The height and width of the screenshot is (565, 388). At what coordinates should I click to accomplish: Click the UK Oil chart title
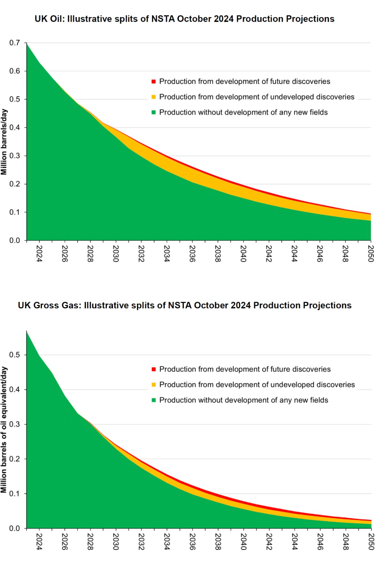pyautogui.click(x=184, y=19)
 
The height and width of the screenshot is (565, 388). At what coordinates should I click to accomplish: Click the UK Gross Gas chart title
pyautogui.click(x=184, y=305)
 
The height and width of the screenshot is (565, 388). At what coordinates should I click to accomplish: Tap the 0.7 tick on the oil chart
pyautogui.click(x=14, y=43)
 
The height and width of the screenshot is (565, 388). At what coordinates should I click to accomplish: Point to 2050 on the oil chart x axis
pyautogui.click(x=371, y=254)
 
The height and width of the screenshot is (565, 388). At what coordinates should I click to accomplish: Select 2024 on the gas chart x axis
pyautogui.click(x=39, y=542)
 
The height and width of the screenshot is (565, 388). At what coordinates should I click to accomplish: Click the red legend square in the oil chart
pyautogui.click(x=154, y=81)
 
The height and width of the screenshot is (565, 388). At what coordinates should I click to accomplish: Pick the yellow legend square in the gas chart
pyautogui.click(x=154, y=385)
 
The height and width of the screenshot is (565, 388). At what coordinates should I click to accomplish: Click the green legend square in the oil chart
pyautogui.click(x=154, y=112)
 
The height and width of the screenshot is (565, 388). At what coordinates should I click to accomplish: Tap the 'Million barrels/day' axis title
pyautogui.click(x=4, y=142)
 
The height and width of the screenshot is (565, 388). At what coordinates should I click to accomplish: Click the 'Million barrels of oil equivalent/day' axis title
pyautogui.click(x=4, y=430)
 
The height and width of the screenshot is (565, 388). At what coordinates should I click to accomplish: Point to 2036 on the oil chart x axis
pyautogui.click(x=192, y=254)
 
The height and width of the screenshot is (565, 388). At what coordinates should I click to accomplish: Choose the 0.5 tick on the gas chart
pyautogui.click(x=14, y=355)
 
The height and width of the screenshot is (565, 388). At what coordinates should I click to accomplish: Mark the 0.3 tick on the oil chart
pyautogui.click(x=14, y=156)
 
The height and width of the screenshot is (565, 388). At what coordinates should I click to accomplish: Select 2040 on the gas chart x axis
pyautogui.click(x=243, y=542)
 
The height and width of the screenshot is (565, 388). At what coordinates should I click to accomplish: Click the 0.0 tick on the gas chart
pyautogui.click(x=14, y=528)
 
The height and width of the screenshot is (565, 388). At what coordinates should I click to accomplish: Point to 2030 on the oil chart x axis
pyautogui.click(x=116, y=254)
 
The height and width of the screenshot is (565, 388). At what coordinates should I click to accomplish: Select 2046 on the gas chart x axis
pyautogui.click(x=320, y=542)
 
